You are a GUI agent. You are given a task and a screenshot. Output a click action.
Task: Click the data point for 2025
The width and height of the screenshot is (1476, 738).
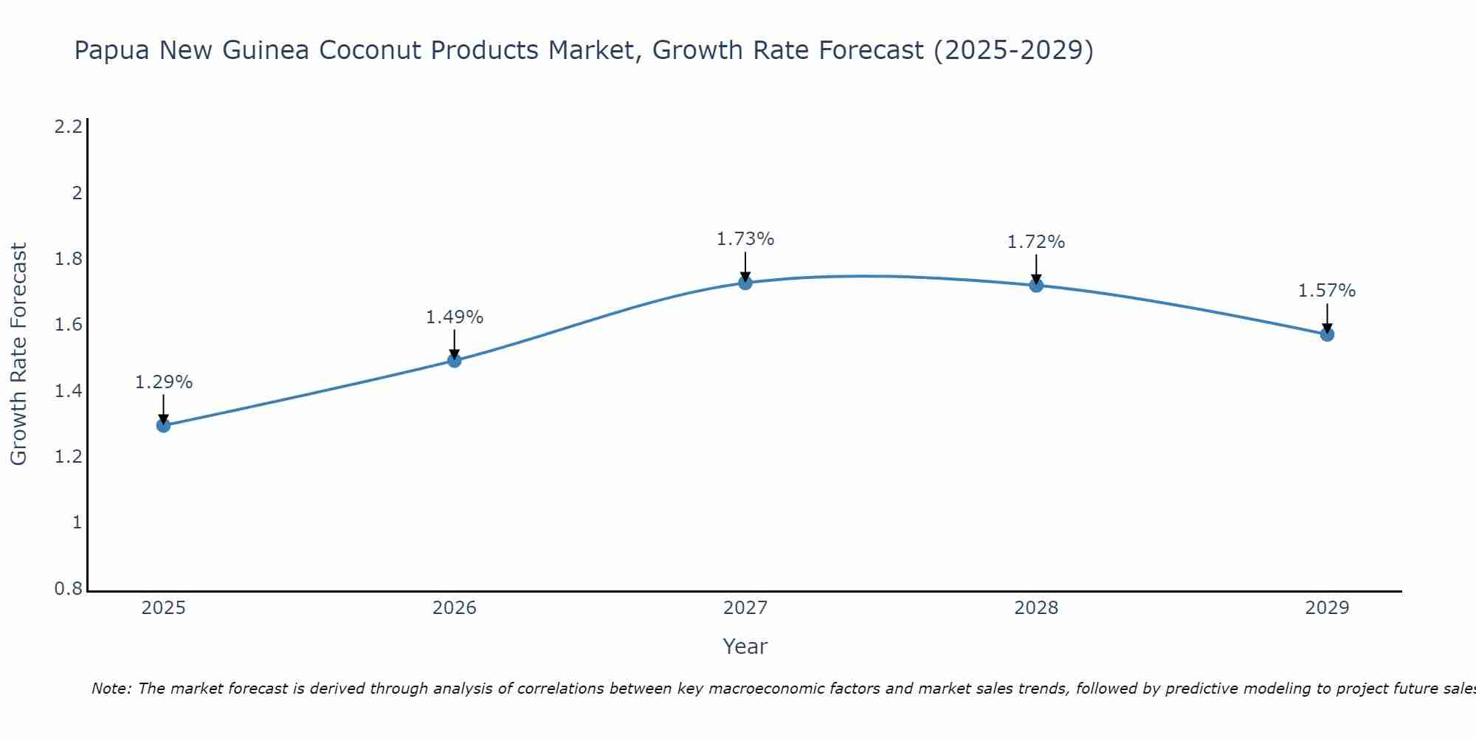[164, 425]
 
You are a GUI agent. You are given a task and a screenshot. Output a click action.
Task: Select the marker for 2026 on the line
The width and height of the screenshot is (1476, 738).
[455, 360]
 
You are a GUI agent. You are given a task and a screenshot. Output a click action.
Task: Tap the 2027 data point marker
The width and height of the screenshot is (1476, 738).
[745, 283]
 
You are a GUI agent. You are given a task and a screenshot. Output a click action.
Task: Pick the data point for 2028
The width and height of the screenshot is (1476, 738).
[1036, 286]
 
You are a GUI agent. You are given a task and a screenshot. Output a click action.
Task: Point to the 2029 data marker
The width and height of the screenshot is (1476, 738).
[1327, 334]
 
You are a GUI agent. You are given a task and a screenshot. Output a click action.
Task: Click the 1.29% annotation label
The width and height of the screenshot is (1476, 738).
[164, 382]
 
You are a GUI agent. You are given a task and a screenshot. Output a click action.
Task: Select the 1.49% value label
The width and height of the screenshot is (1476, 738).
[455, 317]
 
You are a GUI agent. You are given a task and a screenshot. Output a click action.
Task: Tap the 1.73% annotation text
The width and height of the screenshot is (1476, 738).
[745, 239]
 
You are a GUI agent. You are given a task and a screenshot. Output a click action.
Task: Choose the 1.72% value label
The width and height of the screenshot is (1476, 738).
[1036, 242]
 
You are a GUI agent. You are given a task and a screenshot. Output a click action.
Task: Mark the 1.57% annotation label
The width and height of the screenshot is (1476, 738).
[1327, 291]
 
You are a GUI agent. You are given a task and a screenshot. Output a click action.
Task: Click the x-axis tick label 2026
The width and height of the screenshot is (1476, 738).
[455, 608]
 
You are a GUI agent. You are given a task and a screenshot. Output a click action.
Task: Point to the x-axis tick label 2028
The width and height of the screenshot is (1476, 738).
[1036, 608]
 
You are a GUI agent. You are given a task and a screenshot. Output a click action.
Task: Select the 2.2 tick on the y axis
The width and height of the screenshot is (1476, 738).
[69, 127]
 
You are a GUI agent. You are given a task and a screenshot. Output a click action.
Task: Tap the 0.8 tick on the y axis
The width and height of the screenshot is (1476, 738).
[69, 589]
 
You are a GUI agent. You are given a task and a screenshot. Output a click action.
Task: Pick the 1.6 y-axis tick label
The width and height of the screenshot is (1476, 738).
[69, 325]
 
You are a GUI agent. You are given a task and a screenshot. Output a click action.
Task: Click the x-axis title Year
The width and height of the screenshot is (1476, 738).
[745, 646]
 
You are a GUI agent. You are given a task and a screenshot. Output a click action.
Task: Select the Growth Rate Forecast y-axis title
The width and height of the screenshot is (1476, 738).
[19, 354]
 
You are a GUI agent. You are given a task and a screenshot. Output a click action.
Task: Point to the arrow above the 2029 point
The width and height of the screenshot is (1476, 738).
[1327, 317]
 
